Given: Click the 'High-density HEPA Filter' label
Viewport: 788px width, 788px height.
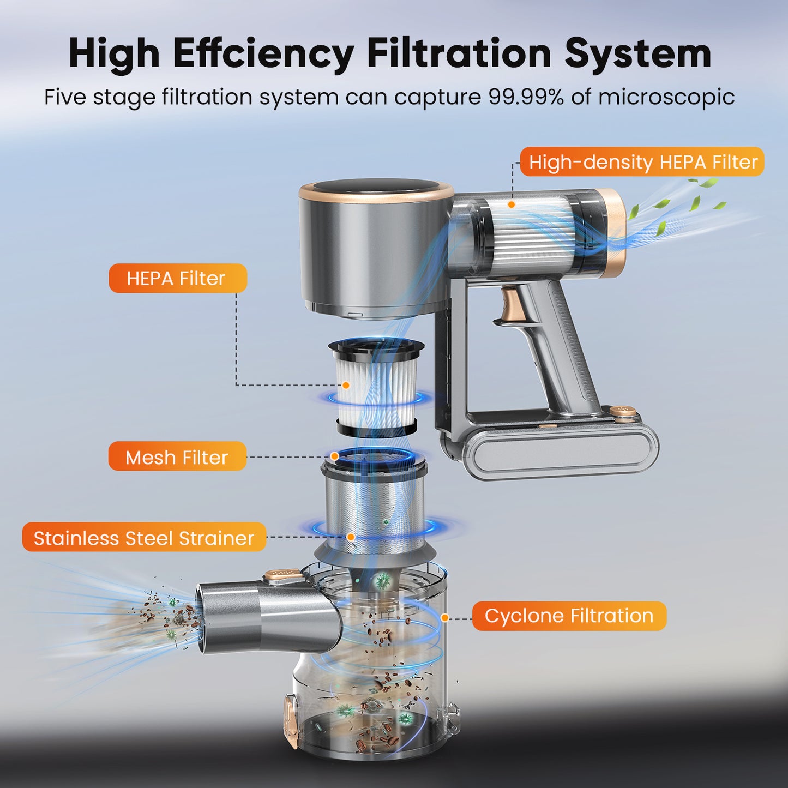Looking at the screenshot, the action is [x=642, y=162].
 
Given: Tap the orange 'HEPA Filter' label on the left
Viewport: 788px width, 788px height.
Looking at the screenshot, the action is [x=178, y=278].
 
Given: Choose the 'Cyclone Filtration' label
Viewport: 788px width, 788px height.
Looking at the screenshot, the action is [x=569, y=616].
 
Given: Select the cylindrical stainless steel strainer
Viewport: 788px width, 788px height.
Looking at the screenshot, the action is [x=374, y=511].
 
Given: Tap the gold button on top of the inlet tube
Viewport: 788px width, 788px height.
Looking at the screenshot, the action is [x=283, y=575].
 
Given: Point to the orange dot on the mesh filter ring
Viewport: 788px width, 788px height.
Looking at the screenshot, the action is [x=334, y=456].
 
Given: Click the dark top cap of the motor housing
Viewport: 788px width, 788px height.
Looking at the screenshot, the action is [x=376, y=191].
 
